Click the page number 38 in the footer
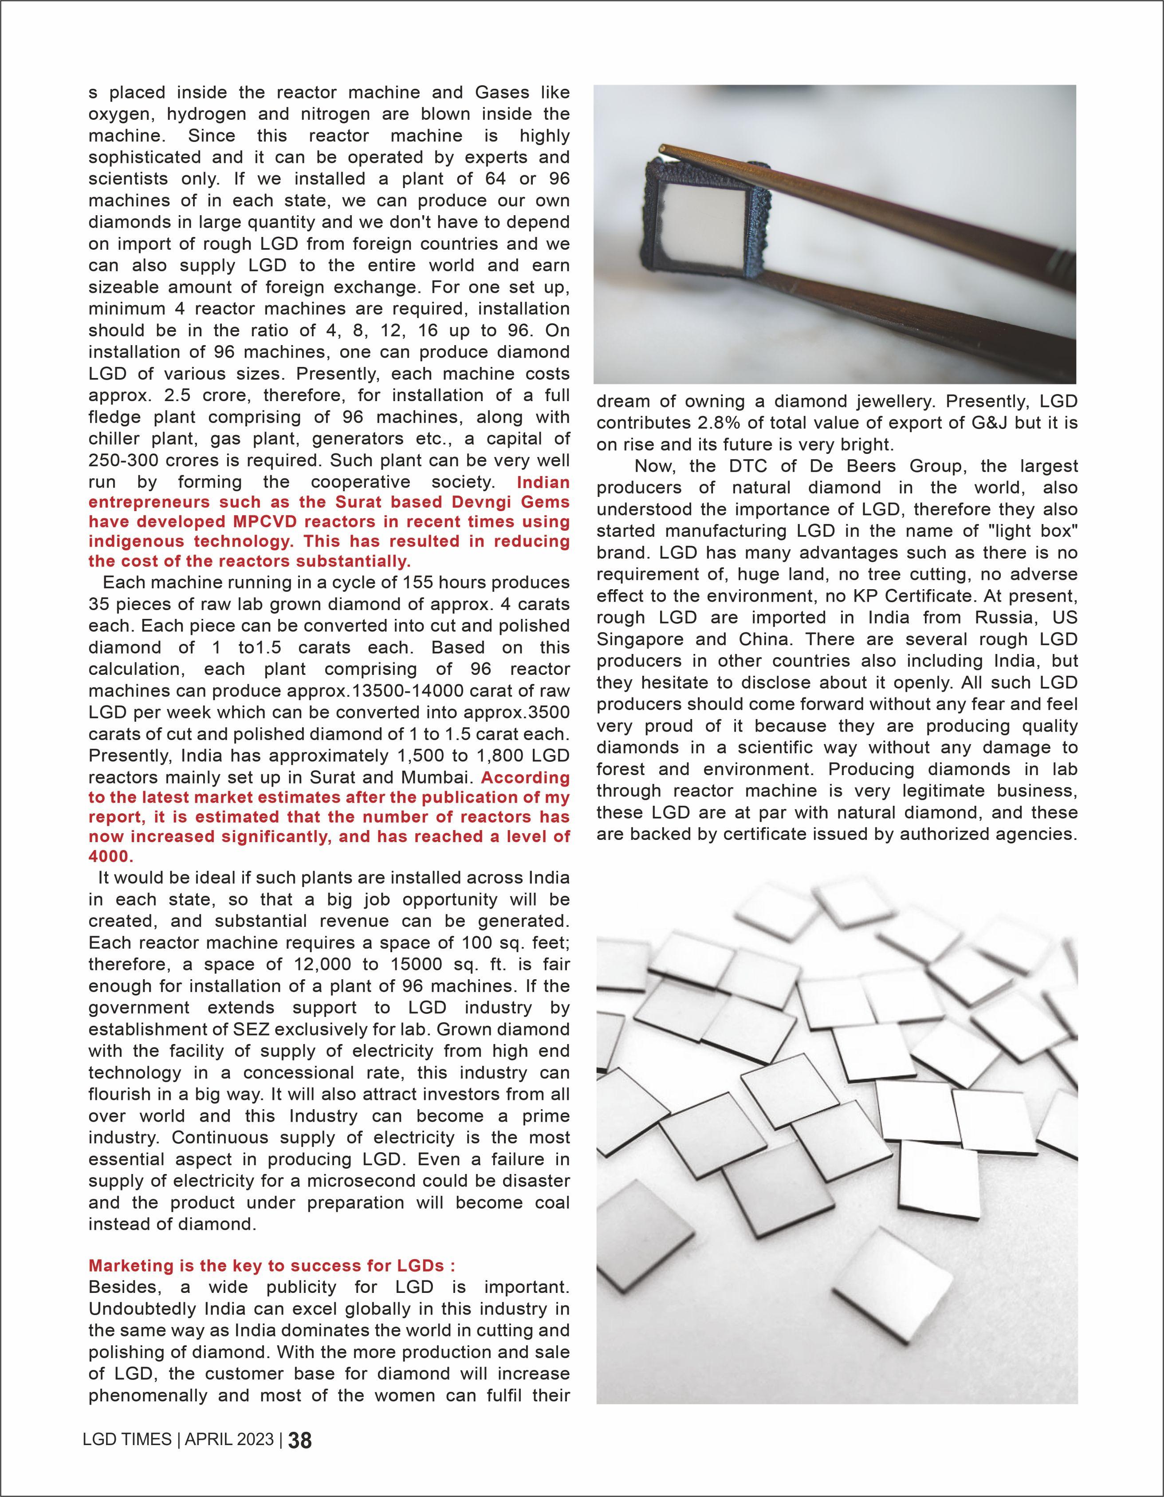300,1441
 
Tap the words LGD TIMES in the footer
127,1439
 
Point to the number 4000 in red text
111,857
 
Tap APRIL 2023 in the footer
229,1439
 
